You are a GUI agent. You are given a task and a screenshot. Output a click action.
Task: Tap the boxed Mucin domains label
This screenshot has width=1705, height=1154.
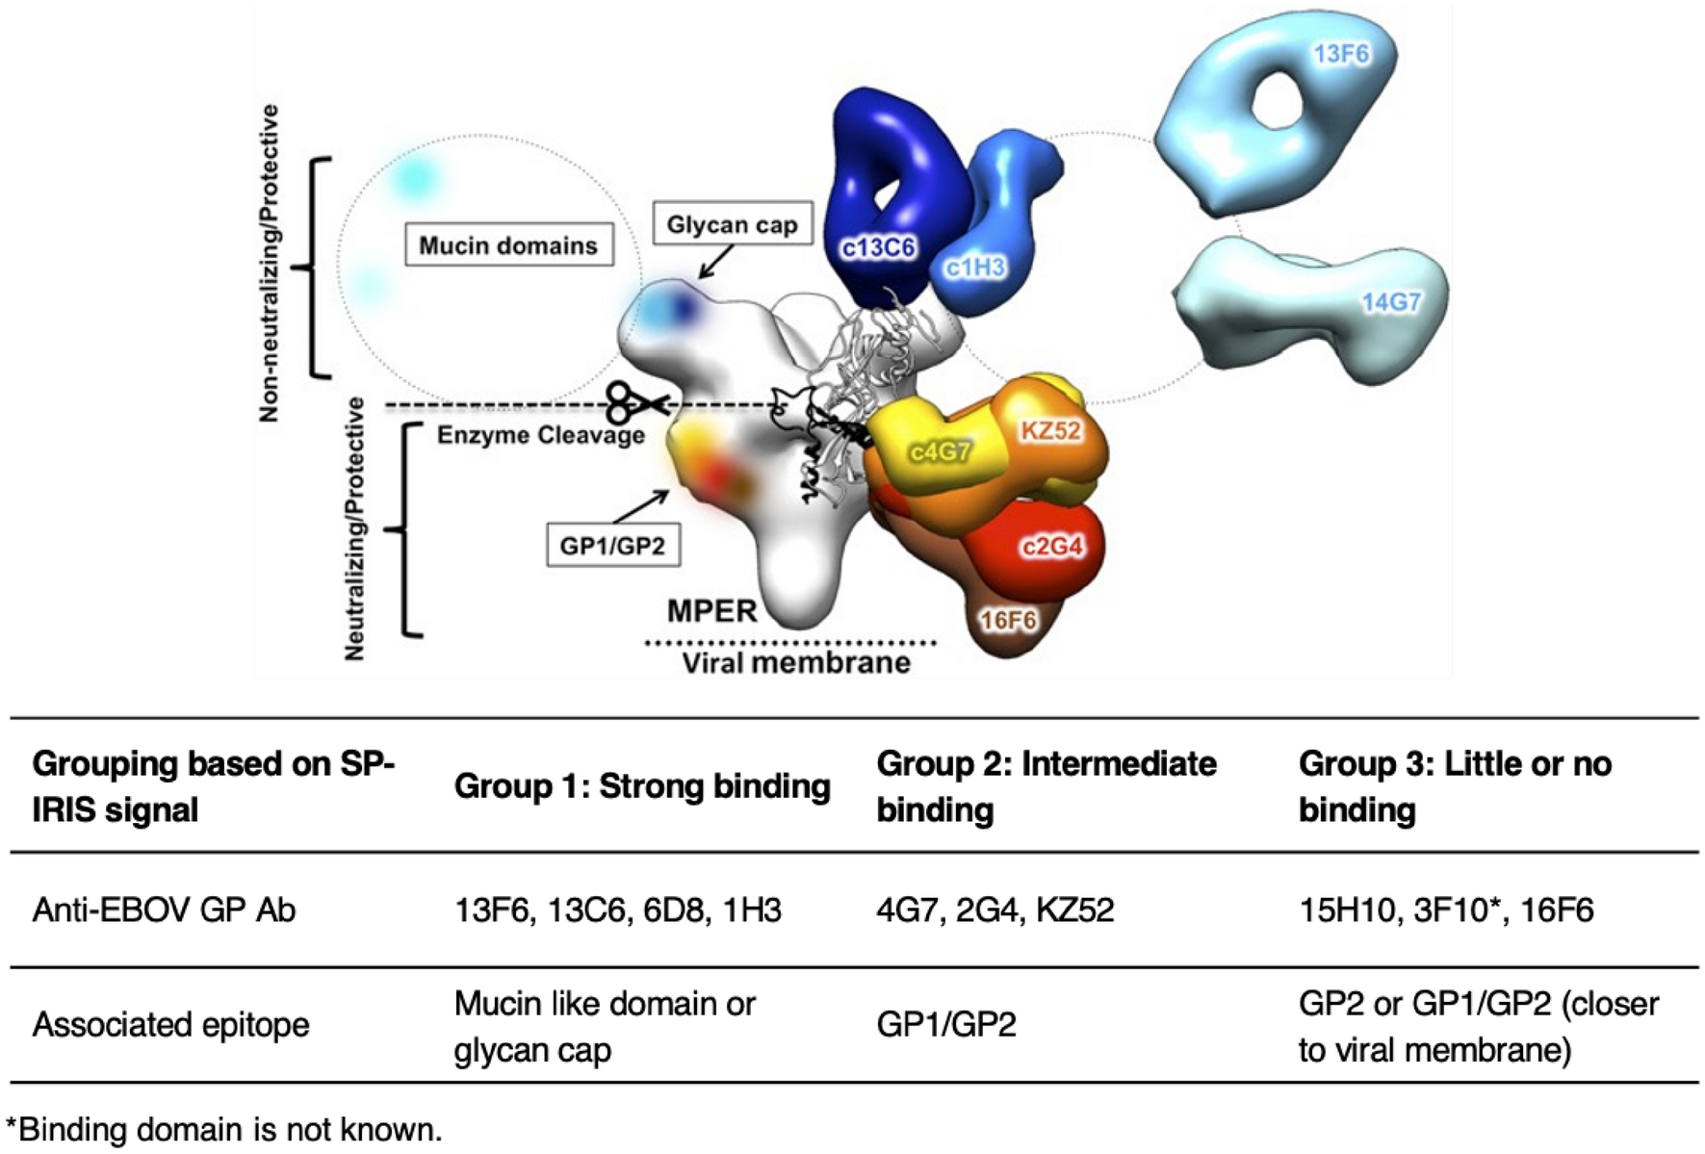(508, 245)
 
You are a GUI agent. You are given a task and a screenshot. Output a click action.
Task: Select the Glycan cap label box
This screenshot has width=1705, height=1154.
(732, 224)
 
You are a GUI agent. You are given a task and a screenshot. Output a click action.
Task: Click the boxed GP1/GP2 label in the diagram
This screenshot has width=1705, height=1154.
(612, 546)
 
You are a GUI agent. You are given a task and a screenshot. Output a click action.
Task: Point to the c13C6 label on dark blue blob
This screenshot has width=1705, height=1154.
(877, 248)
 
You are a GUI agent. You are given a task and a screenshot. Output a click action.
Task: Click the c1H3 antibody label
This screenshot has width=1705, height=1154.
(974, 268)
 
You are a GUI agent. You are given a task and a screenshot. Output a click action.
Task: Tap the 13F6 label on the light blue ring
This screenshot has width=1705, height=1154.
(1341, 54)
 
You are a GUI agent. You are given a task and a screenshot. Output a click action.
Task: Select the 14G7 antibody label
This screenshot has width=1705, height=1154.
(1390, 302)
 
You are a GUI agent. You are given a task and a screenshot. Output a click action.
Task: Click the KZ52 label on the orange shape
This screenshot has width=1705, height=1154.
(1050, 430)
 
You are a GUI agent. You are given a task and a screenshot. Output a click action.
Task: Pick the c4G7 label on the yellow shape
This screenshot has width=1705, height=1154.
(940, 451)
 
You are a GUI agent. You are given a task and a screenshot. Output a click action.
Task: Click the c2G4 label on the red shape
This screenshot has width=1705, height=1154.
(1052, 547)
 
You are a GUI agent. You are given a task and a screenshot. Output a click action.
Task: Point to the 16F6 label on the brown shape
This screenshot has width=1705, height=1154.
(1008, 621)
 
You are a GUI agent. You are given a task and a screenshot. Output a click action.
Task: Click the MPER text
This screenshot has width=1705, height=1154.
(711, 610)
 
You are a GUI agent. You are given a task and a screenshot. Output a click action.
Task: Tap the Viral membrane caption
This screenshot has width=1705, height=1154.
(796, 662)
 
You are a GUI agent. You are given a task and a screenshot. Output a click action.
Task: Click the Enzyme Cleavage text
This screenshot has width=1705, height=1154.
(540, 435)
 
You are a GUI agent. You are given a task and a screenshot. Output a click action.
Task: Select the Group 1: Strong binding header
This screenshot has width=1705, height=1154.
(642, 786)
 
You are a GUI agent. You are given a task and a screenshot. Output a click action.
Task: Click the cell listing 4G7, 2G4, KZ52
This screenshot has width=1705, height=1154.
(995, 910)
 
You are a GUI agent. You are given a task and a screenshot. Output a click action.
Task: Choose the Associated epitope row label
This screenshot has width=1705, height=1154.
(170, 1025)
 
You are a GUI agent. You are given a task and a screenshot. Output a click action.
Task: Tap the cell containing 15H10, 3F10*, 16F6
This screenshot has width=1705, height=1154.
(1445, 910)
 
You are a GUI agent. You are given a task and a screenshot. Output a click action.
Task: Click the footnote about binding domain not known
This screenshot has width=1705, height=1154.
(223, 1129)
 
